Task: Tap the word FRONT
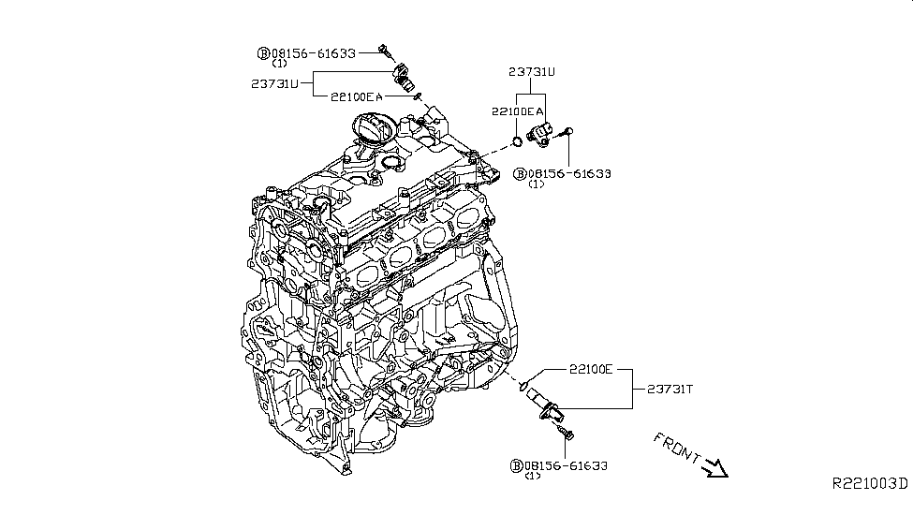[676, 447]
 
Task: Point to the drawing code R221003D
[870, 483]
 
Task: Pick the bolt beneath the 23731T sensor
[565, 434]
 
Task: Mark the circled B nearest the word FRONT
[516, 465]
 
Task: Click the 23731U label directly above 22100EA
[531, 70]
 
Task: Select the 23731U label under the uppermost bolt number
[273, 82]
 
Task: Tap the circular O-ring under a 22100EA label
[516, 141]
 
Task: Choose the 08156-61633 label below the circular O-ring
[569, 173]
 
